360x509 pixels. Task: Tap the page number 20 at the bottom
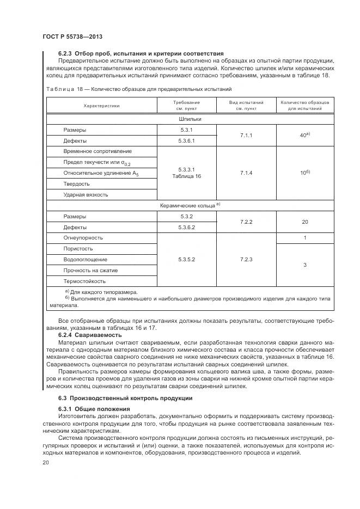tap(46, 463)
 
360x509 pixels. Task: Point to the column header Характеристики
tap(101, 106)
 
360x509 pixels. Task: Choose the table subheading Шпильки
tap(190, 118)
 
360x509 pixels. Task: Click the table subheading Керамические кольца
tap(190, 205)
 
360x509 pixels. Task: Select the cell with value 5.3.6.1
tap(186, 140)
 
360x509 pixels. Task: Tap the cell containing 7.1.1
tap(246, 135)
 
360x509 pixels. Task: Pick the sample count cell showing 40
tap(305, 135)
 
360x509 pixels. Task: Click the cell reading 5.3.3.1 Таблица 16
tap(186, 173)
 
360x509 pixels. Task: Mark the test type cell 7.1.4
tap(246, 173)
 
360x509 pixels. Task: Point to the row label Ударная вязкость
tap(86, 194)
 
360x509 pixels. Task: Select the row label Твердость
tap(77, 183)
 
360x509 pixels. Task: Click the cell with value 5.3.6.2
tap(186, 227)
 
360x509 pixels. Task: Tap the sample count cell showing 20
tap(305, 222)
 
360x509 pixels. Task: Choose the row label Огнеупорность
tap(83, 238)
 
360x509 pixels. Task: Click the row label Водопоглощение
tap(85, 260)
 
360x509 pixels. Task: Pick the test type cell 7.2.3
tap(246, 260)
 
